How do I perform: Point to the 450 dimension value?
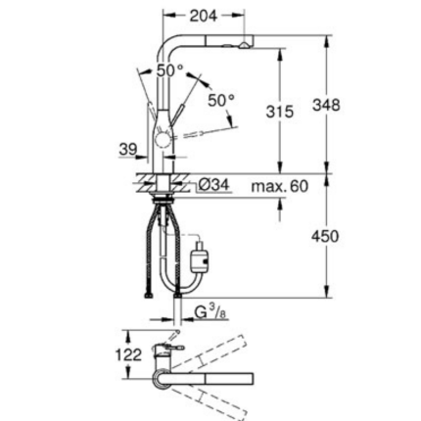[x=325, y=236]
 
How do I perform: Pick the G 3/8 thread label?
[x=205, y=314]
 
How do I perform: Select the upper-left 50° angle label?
[x=168, y=71]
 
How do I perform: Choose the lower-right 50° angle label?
[x=221, y=100]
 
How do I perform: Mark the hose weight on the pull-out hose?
[x=201, y=260]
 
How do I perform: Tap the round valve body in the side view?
[x=163, y=143]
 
